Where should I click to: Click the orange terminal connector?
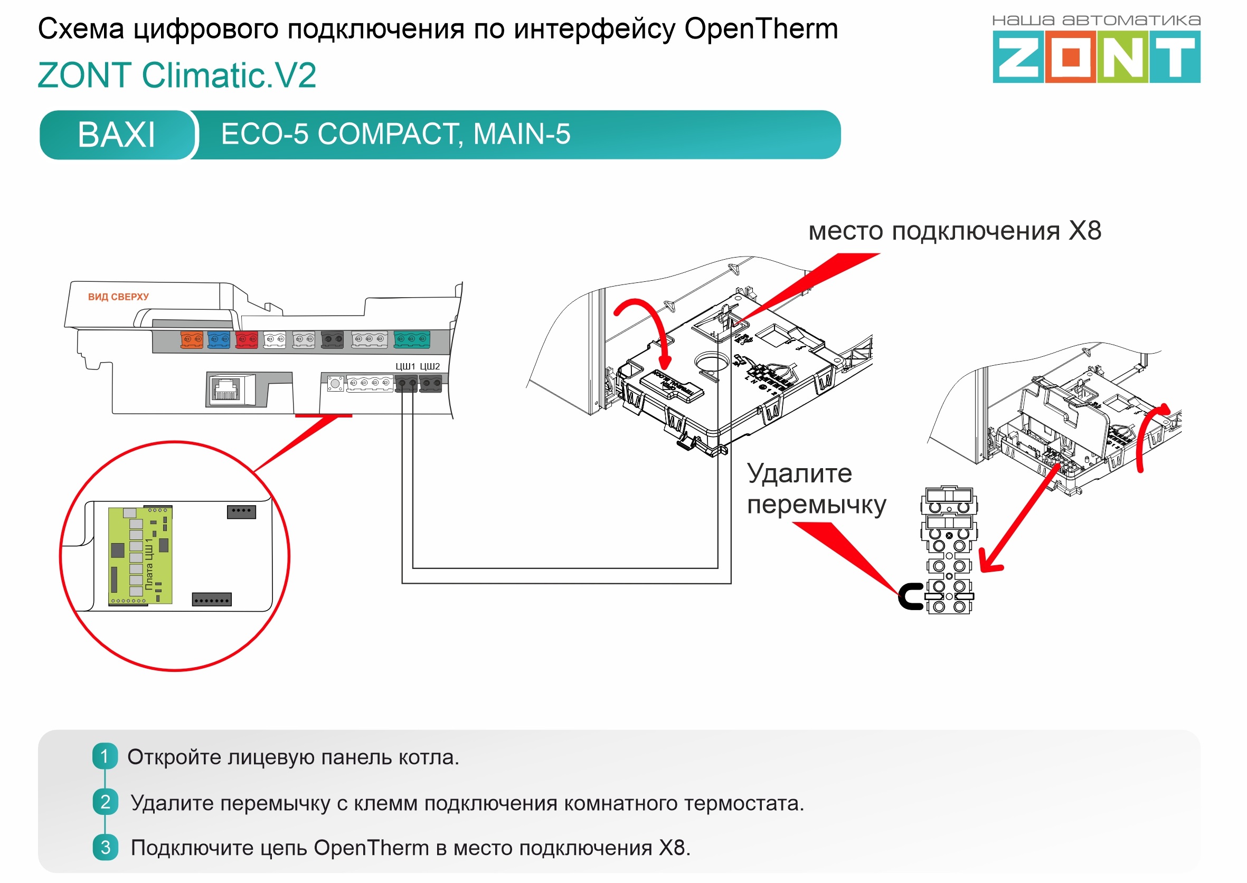(192, 339)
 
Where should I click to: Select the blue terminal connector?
(219, 339)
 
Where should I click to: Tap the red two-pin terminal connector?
(247, 339)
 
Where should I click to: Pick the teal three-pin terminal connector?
(412, 339)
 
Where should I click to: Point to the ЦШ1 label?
(405, 366)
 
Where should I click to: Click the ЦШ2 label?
(430, 366)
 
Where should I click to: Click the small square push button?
(336, 384)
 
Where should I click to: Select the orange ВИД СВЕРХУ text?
(118, 297)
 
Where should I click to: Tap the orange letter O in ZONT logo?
(1070, 57)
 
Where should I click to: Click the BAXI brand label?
(116, 135)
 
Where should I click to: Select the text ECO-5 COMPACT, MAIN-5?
(395, 134)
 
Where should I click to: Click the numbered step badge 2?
(106, 802)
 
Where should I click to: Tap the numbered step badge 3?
(106, 847)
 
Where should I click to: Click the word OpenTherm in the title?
(761, 29)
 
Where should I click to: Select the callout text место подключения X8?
(955, 231)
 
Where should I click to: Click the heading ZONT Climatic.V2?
(177, 75)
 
